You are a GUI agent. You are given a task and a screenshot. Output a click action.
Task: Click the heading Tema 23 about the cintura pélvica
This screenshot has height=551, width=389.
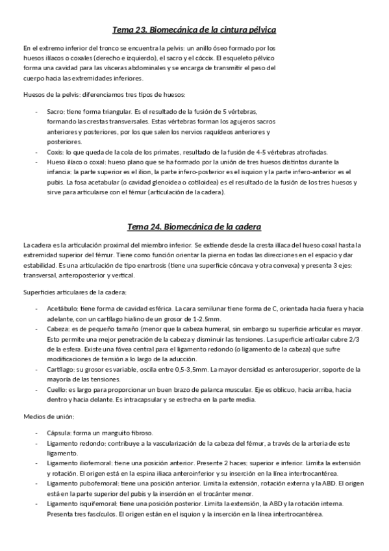[194, 30]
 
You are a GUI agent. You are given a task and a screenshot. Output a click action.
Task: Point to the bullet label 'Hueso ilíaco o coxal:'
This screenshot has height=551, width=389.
[77, 161]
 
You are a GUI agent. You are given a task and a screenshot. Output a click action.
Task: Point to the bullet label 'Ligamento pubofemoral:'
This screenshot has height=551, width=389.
[82, 483]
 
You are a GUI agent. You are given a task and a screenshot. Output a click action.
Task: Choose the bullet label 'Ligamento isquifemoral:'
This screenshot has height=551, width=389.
[82, 504]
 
